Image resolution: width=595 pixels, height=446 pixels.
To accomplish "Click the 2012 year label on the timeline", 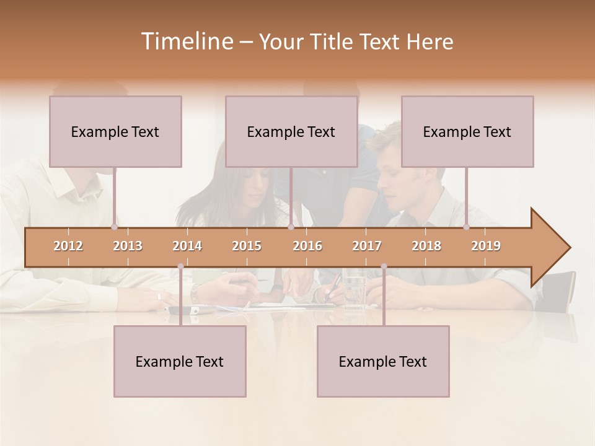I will click(x=68, y=246).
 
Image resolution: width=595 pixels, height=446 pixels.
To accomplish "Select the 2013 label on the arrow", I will click(x=128, y=246).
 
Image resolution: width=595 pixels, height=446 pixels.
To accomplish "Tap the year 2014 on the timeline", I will click(x=187, y=246).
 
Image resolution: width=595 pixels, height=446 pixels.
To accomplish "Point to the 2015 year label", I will click(x=247, y=246).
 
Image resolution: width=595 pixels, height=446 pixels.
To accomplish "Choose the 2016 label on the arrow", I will click(x=307, y=246).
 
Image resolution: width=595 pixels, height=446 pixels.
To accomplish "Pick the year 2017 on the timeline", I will click(x=367, y=246).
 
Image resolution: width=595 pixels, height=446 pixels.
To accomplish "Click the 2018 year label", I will click(x=426, y=246).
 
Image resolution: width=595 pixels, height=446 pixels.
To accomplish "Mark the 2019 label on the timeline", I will click(x=486, y=246).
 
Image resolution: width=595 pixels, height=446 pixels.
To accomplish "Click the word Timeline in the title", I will click(x=186, y=42).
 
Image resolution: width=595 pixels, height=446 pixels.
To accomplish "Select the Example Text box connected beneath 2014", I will click(x=180, y=361).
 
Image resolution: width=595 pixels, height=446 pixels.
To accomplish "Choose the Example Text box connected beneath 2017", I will click(x=383, y=361).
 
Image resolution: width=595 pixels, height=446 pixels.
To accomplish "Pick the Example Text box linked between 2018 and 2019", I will click(x=467, y=131).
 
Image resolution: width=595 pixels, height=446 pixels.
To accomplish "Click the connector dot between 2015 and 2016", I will click(x=291, y=227).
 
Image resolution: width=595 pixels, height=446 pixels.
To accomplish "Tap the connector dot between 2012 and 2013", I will click(x=114, y=227).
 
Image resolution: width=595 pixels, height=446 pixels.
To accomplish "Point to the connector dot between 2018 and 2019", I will click(x=467, y=227).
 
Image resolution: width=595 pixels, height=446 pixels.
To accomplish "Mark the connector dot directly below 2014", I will click(x=180, y=266).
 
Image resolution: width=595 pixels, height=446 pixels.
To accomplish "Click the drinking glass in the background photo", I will click(x=354, y=288).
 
